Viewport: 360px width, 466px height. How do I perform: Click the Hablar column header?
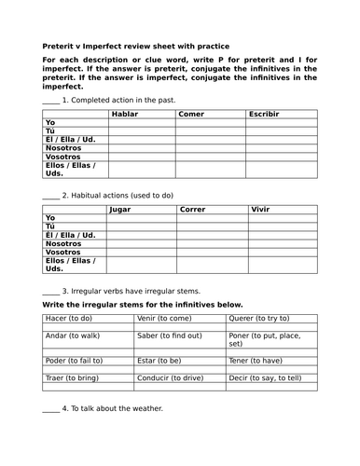tap(125, 113)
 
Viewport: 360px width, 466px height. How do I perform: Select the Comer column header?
tap(191, 113)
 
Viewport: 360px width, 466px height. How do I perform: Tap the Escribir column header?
tap(267, 113)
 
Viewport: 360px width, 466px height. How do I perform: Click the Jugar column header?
tap(120, 209)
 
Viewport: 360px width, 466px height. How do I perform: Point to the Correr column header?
tap(193, 209)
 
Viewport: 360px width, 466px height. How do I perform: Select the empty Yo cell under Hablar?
tap(143, 123)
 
